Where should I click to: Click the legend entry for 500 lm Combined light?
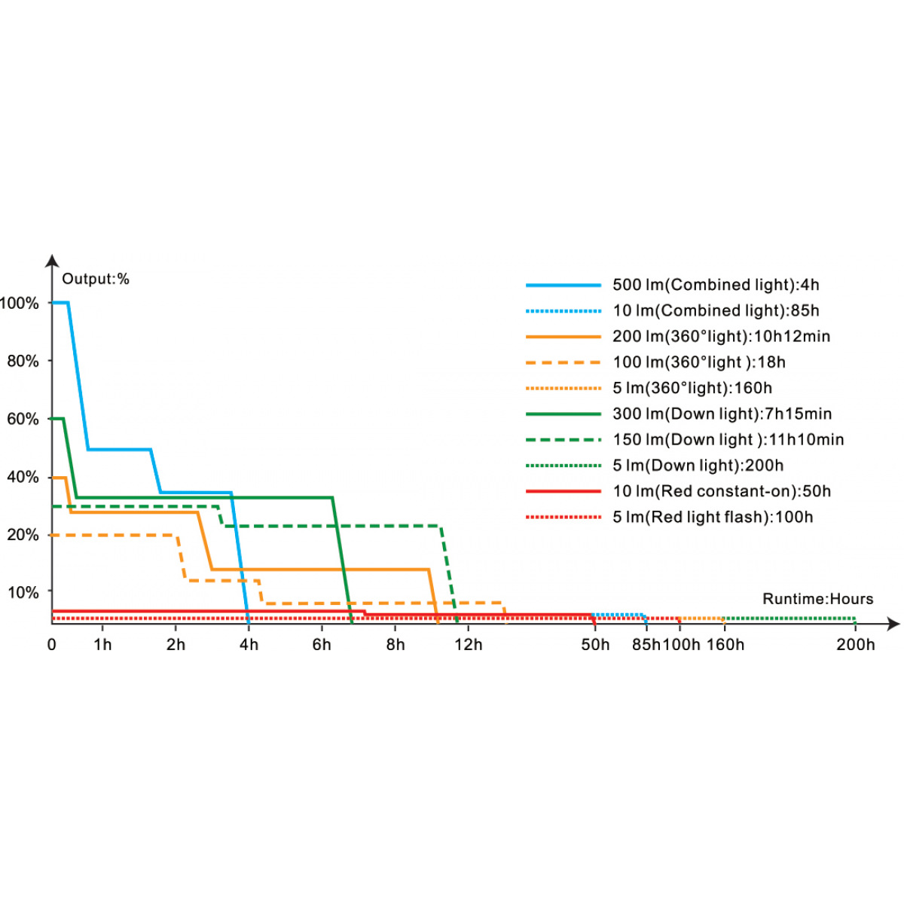(x=716, y=285)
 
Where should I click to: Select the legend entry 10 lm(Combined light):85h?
(x=716, y=310)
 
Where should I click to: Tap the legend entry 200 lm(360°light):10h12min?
(x=721, y=336)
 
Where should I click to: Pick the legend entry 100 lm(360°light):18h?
(x=699, y=362)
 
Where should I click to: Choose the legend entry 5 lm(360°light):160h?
(x=692, y=388)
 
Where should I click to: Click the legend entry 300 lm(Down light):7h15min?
(x=722, y=414)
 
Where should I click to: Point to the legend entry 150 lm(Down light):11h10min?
(x=728, y=439)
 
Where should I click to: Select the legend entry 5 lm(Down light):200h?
(x=698, y=466)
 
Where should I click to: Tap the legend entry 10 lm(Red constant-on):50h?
(x=722, y=491)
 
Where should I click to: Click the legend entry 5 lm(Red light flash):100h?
(x=713, y=517)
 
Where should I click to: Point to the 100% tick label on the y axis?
(x=20, y=304)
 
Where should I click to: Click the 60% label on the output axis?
(x=23, y=419)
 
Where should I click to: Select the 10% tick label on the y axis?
(x=23, y=592)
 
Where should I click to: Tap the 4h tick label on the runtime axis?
(x=249, y=645)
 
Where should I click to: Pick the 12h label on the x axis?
(x=469, y=645)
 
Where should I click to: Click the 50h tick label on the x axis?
(x=595, y=645)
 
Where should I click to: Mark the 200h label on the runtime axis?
(x=856, y=645)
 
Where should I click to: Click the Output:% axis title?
(x=96, y=279)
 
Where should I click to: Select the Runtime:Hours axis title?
(x=818, y=599)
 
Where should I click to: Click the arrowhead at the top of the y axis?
(x=52, y=261)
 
